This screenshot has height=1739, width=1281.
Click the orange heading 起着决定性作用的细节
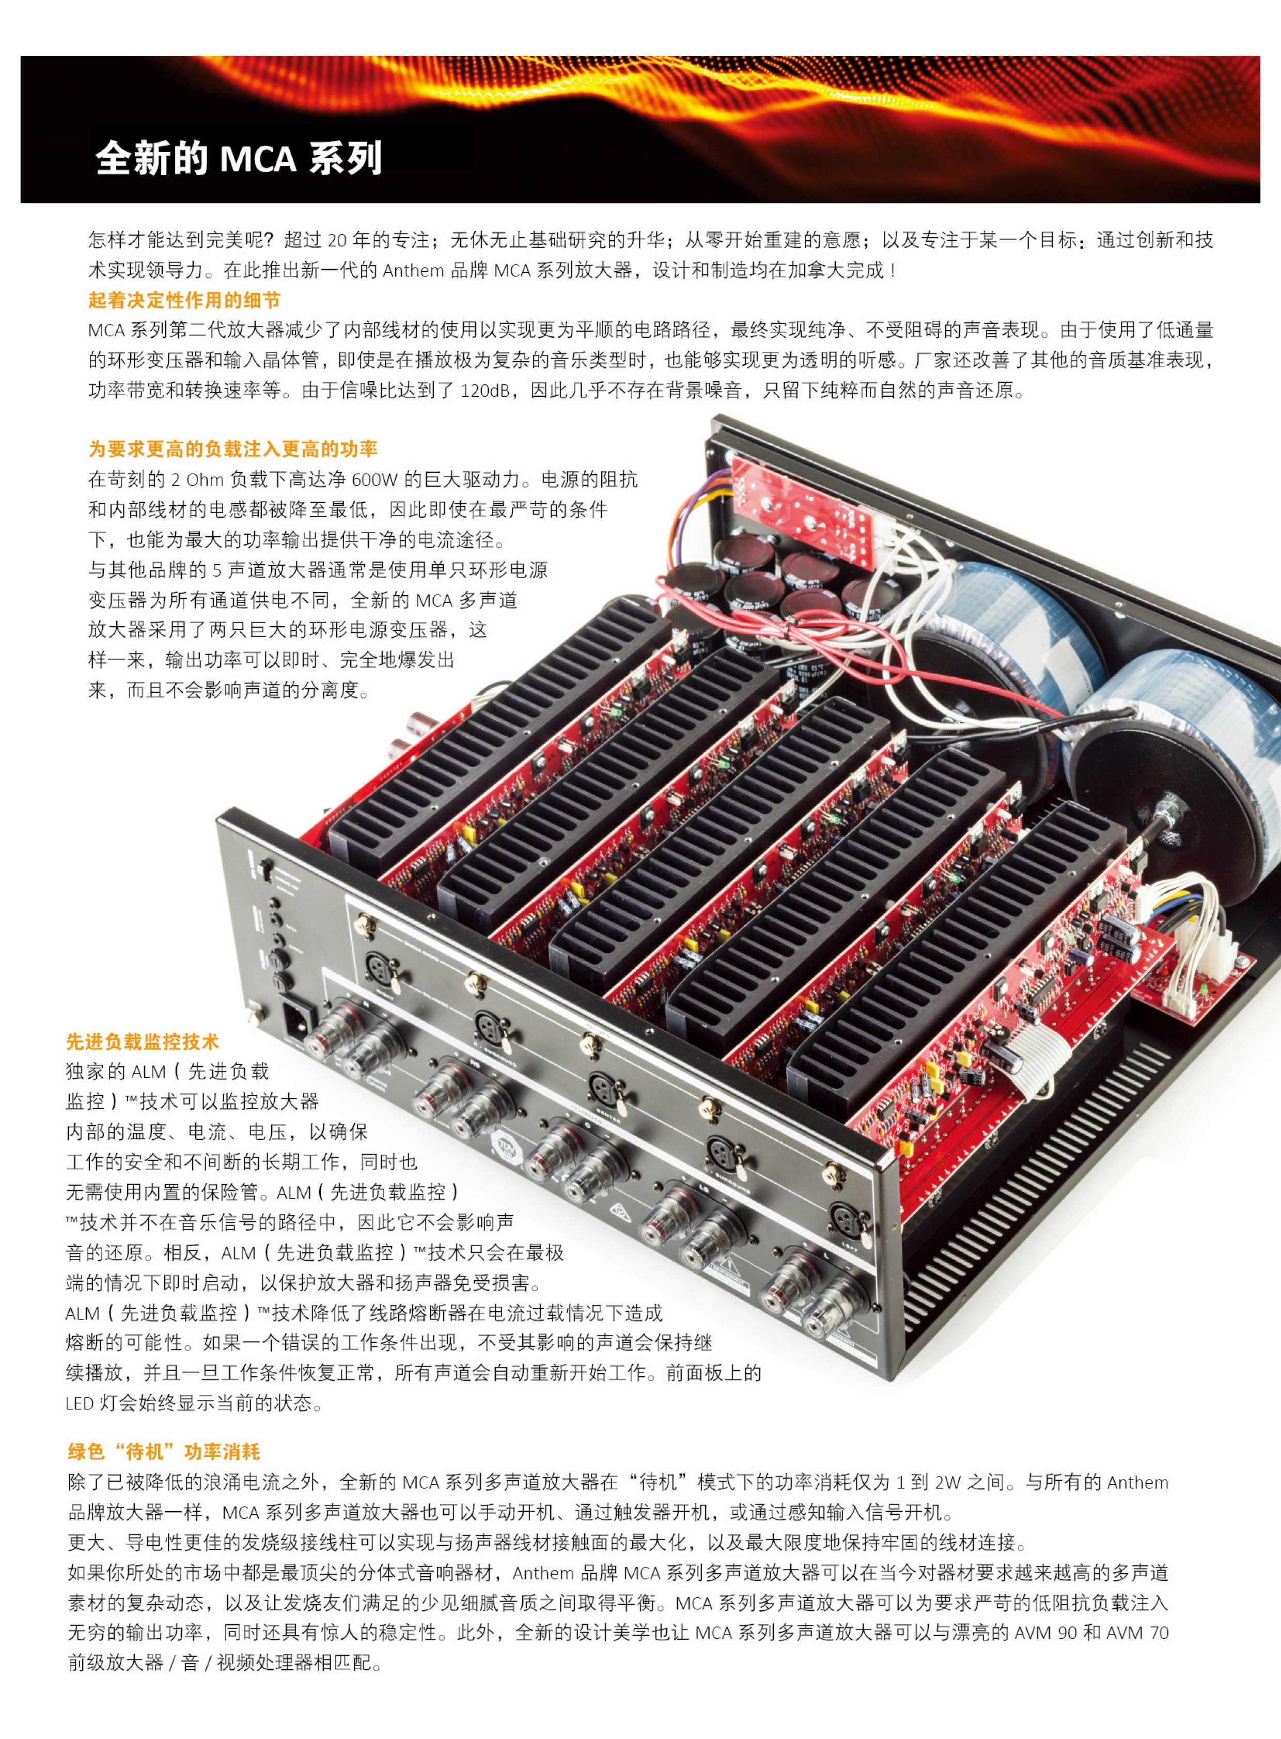click(184, 300)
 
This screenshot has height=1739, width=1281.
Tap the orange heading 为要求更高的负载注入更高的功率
click(232, 449)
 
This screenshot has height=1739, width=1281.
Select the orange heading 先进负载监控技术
click(142, 1042)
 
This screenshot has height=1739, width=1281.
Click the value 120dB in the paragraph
click(485, 390)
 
